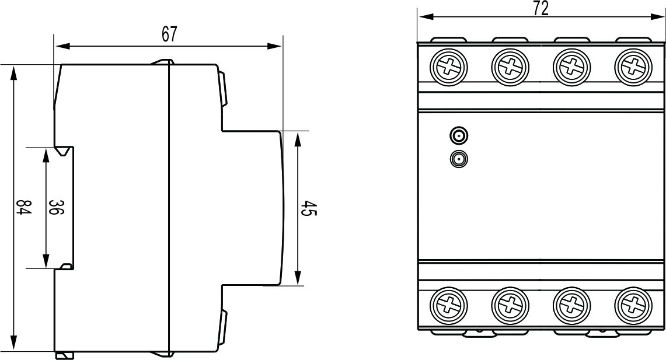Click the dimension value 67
click(169, 34)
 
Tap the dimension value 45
click(309, 208)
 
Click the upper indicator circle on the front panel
click(459, 137)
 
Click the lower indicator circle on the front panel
click(459, 159)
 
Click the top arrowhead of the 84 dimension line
click(14, 71)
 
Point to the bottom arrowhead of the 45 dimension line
click(298, 279)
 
